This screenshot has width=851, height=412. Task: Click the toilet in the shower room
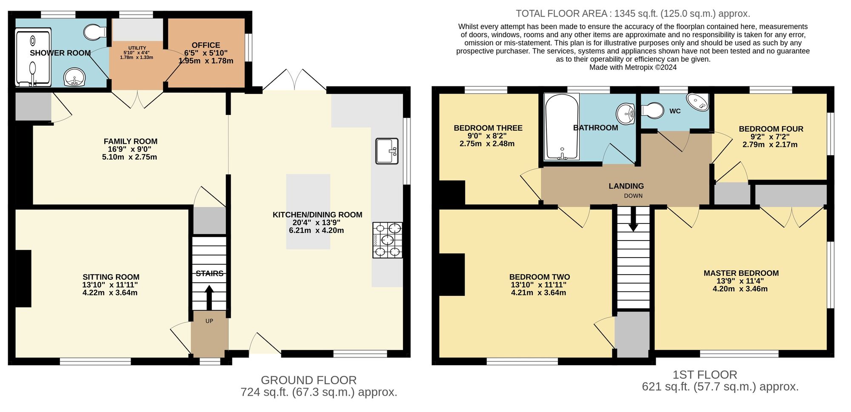coord(95,31)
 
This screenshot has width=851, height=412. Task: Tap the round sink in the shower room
coord(74,78)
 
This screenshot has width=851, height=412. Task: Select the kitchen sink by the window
coord(387,151)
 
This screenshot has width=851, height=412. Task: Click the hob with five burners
coord(388,240)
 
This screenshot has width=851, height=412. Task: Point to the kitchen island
coord(308,212)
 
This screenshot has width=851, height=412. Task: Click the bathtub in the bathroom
coord(562,127)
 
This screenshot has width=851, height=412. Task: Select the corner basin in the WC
coord(699,102)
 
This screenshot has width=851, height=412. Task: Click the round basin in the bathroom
coord(625,114)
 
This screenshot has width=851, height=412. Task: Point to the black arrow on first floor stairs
coord(633,219)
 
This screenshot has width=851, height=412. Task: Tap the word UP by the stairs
coord(209,321)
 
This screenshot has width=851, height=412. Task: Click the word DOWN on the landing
coord(633,196)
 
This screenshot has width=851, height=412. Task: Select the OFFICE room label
coord(206,45)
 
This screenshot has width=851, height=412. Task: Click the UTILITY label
coord(137,48)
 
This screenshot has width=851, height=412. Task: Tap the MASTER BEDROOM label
coord(741,273)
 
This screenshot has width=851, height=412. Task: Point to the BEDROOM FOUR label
coord(771,129)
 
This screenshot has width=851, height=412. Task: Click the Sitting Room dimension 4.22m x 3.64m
coord(110,293)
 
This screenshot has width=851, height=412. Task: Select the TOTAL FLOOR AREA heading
coord(562,14)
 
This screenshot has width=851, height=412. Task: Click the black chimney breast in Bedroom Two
coord(452,275)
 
